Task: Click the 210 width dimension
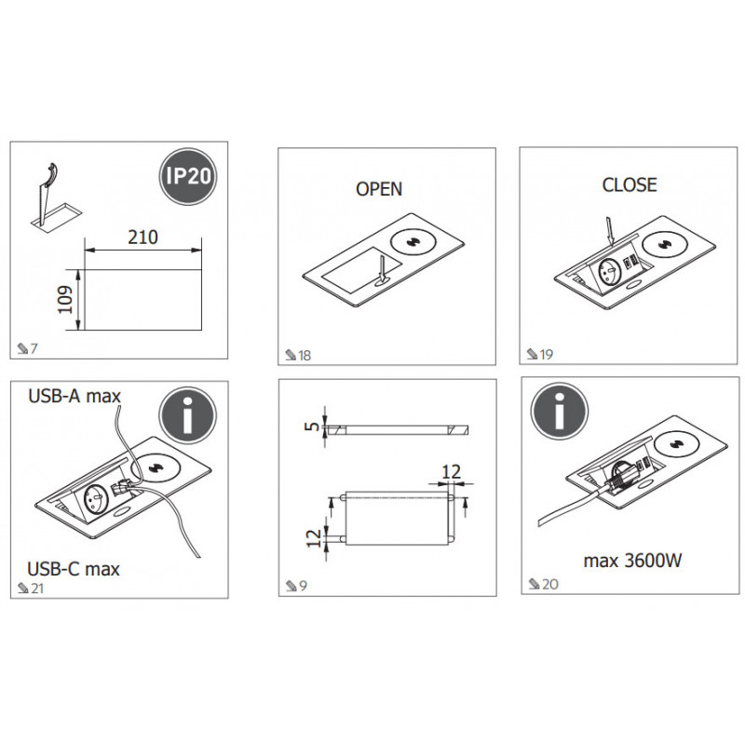pyautogui.click(x=142, y=237)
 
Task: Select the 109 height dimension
pyautogui.click(x=66, y=299)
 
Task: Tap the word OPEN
pyautogui.click(x=379, y=189)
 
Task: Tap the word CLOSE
pyautogui.click(x=630, y=184)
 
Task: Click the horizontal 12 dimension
pyautogui.click(x=451, y=472)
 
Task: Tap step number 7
pyautogui.click(x=34, y=348)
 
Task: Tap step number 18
pyautogui.click(x=304, y=356)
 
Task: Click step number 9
pyautogui.click(x=304, y=586)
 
